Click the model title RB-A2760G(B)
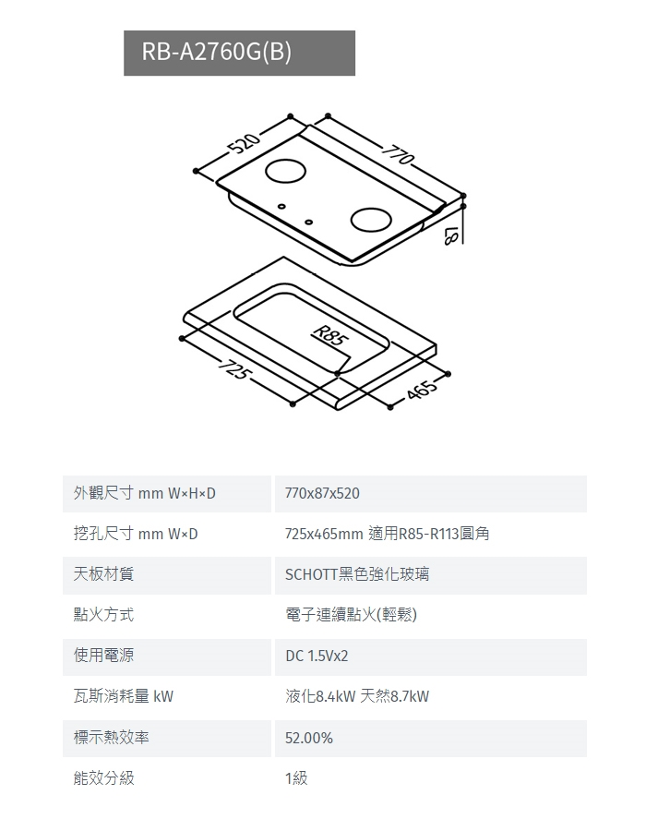click(217, 53)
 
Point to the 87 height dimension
click(449, 235)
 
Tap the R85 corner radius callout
click(329, 334)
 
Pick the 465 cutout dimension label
click(421, 389)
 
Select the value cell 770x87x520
click(322, 494)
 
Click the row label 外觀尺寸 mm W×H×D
click(145, 494)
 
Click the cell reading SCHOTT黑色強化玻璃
click(357, 574)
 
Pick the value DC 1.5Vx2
click(317, 656)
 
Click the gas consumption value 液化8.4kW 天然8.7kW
click(357, 696)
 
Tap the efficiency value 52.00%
click(309, 738)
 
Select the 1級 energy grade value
click(296, 778)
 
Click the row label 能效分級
click(104, 778)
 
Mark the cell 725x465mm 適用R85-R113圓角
click(387, 535)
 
